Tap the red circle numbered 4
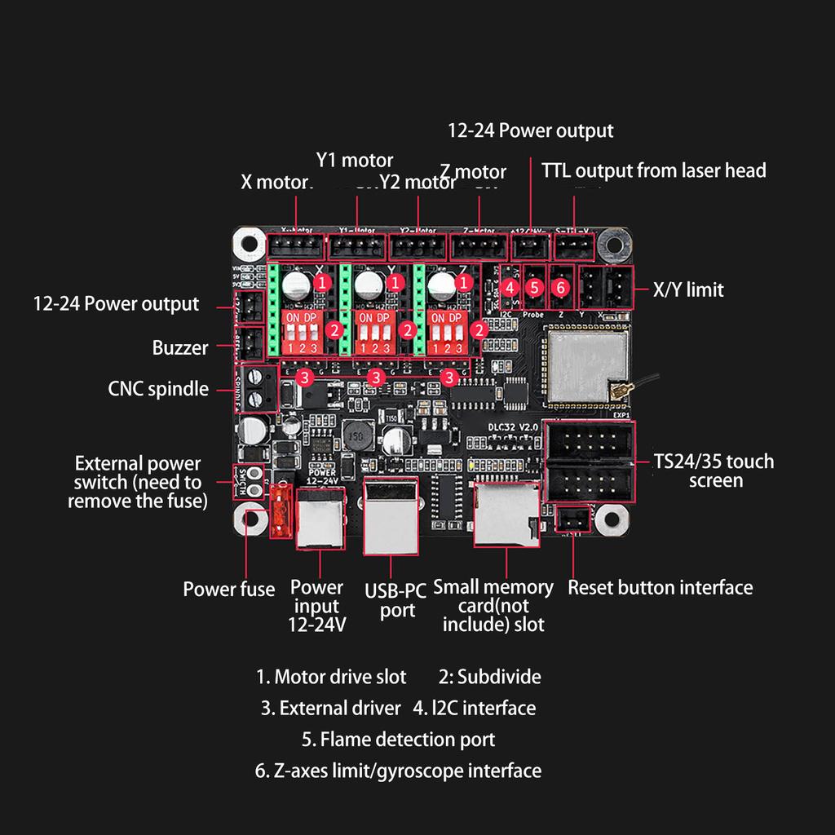(510, 287)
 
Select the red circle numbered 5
(534, 287)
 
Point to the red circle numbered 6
(560, 287)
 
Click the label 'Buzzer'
(180, 348)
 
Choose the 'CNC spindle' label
(158, 389)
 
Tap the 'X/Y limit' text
(688, 289)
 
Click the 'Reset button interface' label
(660, 587)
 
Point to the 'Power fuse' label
(228, 590)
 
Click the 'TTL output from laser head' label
(654, 170)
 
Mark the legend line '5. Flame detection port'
(398, 740)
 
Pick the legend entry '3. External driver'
(331, 708)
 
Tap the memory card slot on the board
(506, 514)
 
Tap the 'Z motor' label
(473, 172)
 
